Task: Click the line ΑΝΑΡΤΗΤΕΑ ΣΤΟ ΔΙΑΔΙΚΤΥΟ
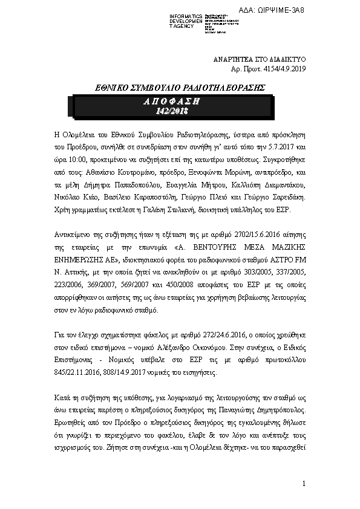pos(261,60)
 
